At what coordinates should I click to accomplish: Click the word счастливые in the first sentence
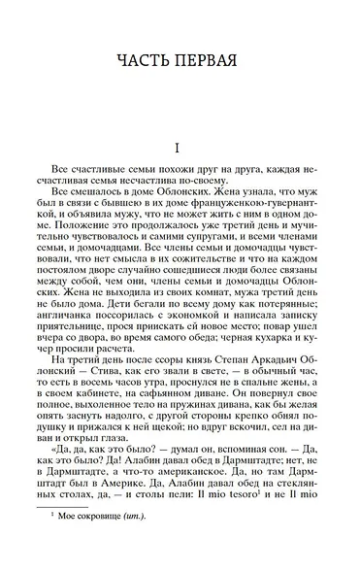pyautogui.click(x=106, y=182)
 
